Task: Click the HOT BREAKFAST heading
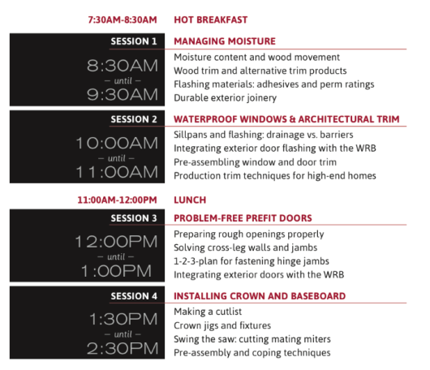click(x=211, y=19)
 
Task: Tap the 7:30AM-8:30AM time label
click(x=123, y=19)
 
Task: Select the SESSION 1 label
click(x=134, y=41)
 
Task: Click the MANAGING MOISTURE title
click(x=225, y=41)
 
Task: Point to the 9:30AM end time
click(x=123, y=95)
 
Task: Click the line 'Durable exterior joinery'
click(x=226, y=98)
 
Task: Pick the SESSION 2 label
click(x=134, y=119)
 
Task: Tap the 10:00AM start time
click(x=117, y=143)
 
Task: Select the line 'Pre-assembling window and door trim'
click(x=255, y=162)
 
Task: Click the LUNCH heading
click(x=190, y=200)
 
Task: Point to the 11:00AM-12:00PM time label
click(x=117, y=200)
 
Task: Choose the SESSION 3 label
click(x=134, y=218)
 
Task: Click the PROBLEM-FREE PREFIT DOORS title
click(x=243, y=218)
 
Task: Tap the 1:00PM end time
click(x=116, y=271)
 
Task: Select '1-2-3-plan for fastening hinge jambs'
click(x=252, y=261)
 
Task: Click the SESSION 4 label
click(x=134, y=296)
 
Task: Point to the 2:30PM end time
click(x=123, y=349)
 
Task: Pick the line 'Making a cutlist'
click(x=208, y=312)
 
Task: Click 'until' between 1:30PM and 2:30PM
click(x=123, y=334)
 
